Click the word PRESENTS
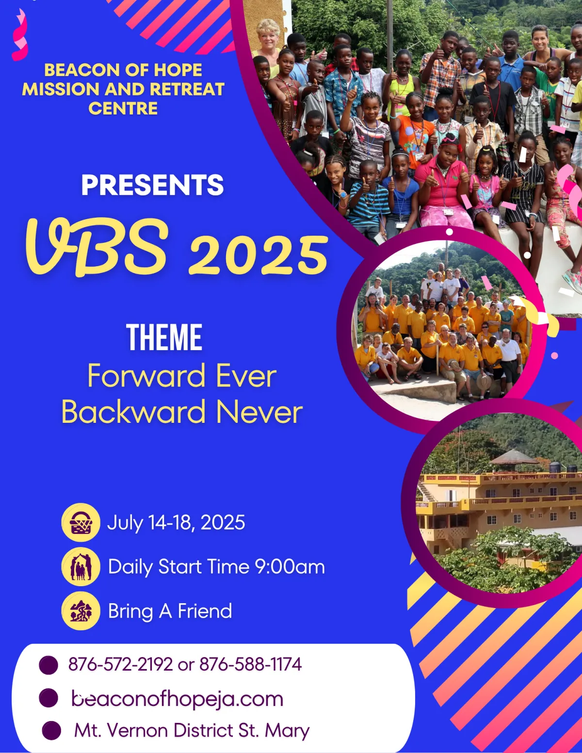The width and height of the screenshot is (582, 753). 152,185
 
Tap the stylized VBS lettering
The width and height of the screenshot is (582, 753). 97,247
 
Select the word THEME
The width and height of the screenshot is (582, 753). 164,337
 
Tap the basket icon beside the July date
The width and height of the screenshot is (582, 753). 81,523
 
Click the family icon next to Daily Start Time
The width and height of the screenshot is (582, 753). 81,567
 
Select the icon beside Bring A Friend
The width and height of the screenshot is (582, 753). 81,610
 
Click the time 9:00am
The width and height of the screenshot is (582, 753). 290,567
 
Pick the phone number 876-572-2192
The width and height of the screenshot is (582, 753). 120,664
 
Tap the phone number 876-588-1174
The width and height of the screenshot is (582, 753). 251,664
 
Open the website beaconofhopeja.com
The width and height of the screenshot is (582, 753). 177,699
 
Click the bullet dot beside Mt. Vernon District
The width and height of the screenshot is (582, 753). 51,731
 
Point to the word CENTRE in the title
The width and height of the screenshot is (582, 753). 123,109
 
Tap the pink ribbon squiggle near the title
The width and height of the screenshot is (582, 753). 20,34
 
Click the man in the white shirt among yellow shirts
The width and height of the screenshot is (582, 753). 509,353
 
